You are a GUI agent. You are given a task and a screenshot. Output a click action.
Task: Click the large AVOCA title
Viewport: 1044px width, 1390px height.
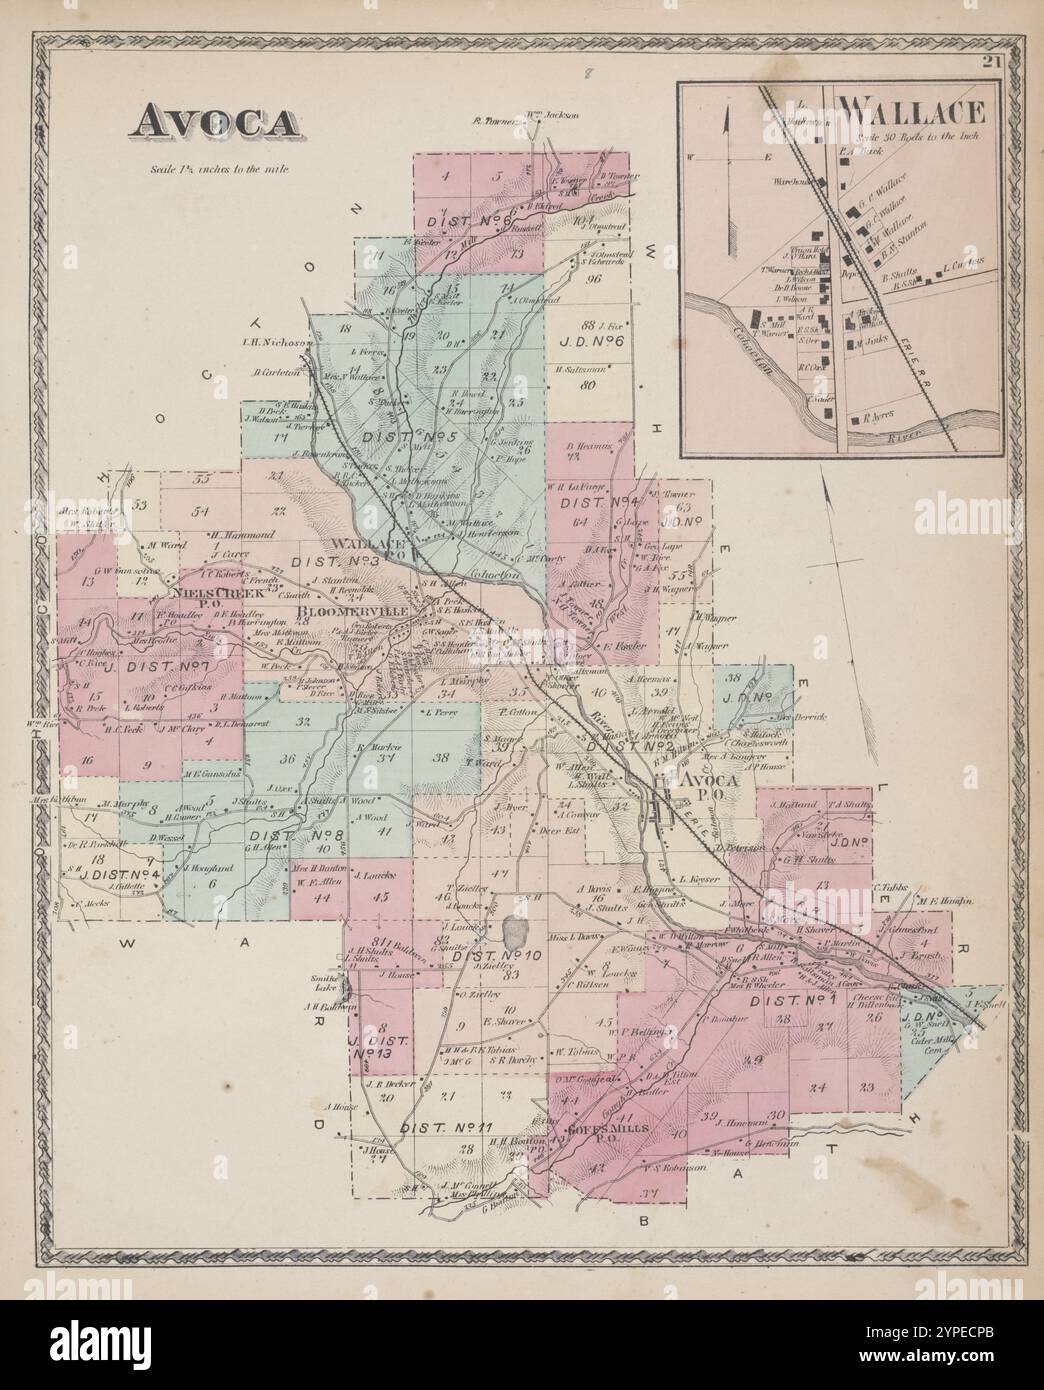(213, 121)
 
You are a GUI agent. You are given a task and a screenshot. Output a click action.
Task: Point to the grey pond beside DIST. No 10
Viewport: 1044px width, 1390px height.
(516, 937)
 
